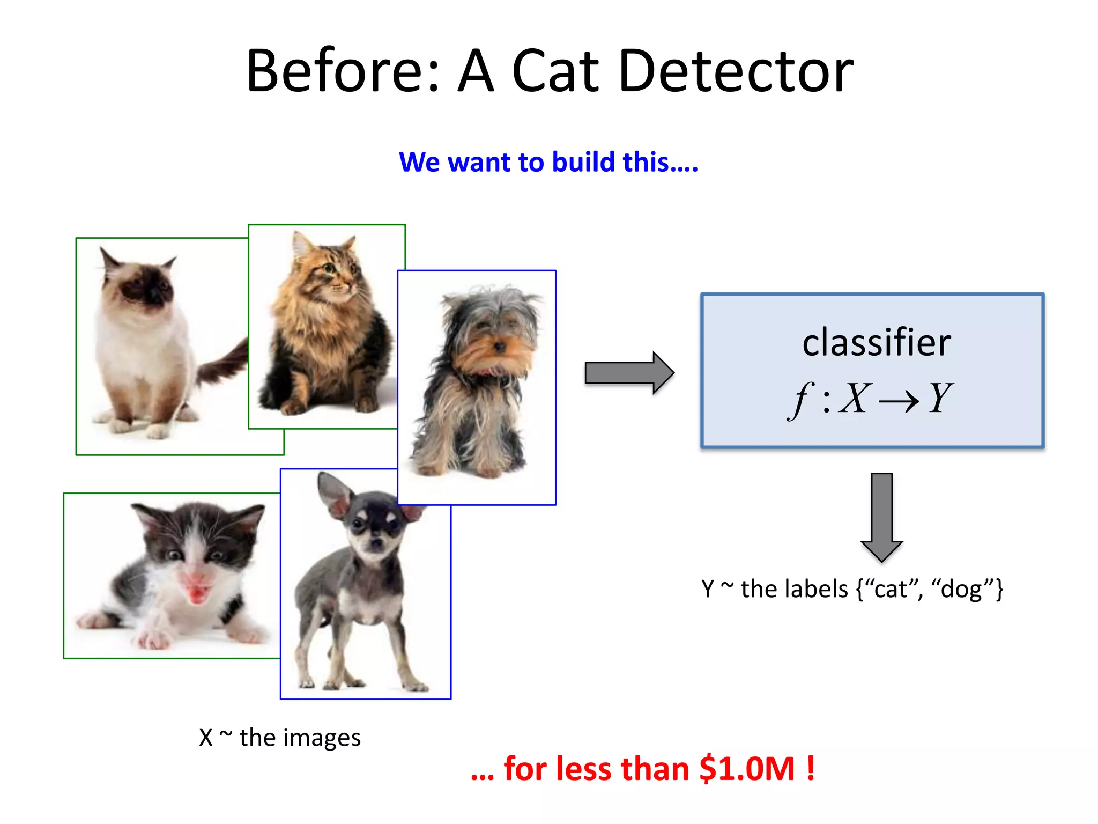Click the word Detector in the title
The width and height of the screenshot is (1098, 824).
(736, 71)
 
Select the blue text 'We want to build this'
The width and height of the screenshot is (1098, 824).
(548, 162)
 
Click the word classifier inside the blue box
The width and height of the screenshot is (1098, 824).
(876, 343)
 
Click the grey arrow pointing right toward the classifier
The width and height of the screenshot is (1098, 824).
(628, 373)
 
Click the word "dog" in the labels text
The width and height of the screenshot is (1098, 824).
(961, 589)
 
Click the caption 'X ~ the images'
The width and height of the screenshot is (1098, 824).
(279, 737)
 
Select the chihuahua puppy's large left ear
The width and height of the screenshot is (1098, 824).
(332, 494)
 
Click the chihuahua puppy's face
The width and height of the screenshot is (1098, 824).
(375, 531)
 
